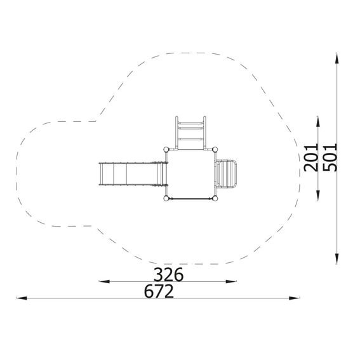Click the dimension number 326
click(168, 274)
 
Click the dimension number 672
click(159, 291)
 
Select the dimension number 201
click(311, 157)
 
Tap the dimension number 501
click(330, 157)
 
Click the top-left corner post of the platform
click(166, 150)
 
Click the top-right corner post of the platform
click(215, 150)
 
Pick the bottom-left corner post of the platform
click(166, 198)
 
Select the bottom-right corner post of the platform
click(215, 198)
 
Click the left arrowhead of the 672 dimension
click(22, 298)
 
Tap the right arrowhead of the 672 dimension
click(295, 298)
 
